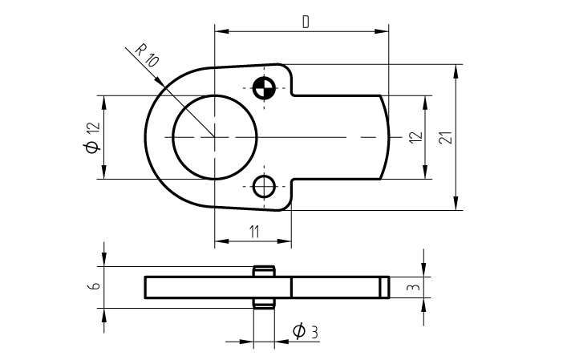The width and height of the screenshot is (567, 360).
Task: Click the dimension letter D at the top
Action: pyautogui.click(x=306, y=22)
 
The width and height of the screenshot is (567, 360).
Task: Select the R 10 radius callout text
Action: pyautogui.click(x=146, y=55)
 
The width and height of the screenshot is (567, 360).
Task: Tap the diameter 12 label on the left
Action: pyautogui.click(x=91, y=136)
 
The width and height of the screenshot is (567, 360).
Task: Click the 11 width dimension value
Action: pyautogui.click(x=253, y=231)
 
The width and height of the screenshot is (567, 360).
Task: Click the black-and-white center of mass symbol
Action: pyautogui.click(x=263, y=87)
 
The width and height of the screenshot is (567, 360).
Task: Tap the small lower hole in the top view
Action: pyautogui.click(x=263, y=186)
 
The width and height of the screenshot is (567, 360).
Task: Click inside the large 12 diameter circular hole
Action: pyautogui.click(x=214, y=137)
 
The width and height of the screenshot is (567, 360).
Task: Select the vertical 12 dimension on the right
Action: pyautogui.click(x=415, y=137)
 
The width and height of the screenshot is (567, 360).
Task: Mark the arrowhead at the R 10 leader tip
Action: pyautogui.click(x=165, y=87)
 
